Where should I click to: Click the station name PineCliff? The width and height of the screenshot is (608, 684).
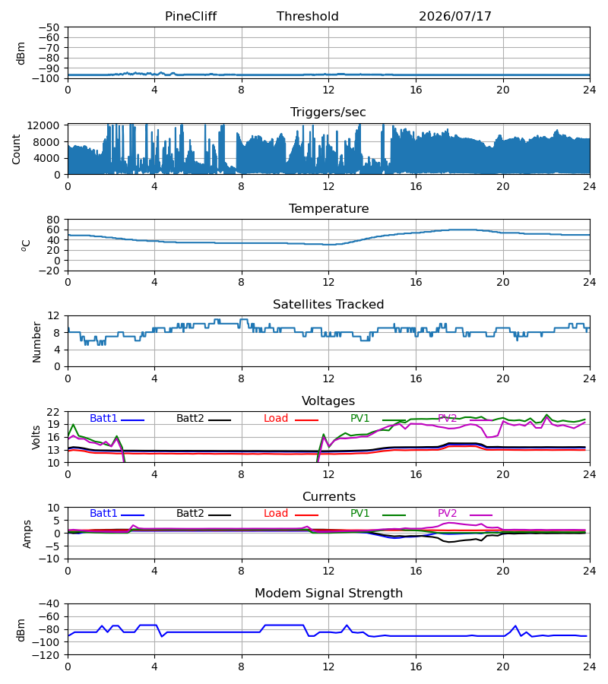[191, 16]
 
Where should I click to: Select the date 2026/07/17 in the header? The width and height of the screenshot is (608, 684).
[455, 16]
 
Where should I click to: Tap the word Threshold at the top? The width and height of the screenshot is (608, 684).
[308, 16]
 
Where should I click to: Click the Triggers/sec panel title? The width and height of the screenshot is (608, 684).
[328, 112]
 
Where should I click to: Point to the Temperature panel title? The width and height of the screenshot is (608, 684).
[328, 208]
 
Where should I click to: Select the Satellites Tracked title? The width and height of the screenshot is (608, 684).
[328, 305]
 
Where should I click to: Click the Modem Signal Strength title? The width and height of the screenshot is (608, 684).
[328, 594]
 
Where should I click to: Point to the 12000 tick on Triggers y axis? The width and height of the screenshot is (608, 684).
[43, 125]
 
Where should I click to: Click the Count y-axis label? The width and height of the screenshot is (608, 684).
[16, 149]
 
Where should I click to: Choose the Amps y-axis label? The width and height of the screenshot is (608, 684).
[27, 534]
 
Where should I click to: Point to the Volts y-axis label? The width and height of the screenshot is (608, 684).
[36, 438]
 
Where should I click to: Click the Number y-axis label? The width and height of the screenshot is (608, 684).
[36, 342]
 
